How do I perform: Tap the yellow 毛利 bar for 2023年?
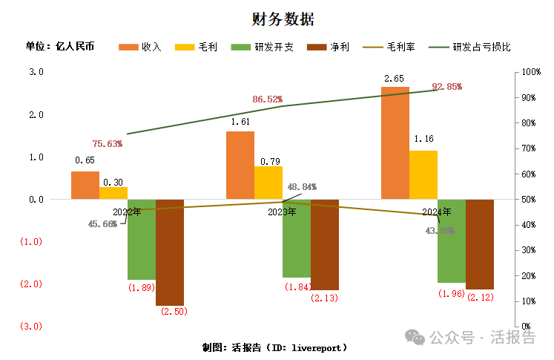pyautogui.click(x=268, y=183)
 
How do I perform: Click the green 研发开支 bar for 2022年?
pyautogui.click(x=142, y=239)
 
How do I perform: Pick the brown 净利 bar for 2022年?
pyautogui.click(x=170, y=252)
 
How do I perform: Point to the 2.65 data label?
pyautogui.click(x=394, y=79)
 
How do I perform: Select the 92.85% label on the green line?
pyautogui.click(x=446, y=87)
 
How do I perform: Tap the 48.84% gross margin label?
pyautogui.click(x=302, y=186)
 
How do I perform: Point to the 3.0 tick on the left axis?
pyautogui.click(x=36, y=72)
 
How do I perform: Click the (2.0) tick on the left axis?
pyautogui.click(x=32, y=284)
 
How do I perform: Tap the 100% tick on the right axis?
pyautogui.click(x=532, y=72)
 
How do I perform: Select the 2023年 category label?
pyautogui.click(x=283, y=212)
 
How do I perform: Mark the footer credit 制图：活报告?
pyautogui.click(x=274, y=347)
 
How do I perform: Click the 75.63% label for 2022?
pyautogui.click(x=107, y=144)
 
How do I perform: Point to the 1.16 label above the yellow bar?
pyautogui.click(x=423, y=139)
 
